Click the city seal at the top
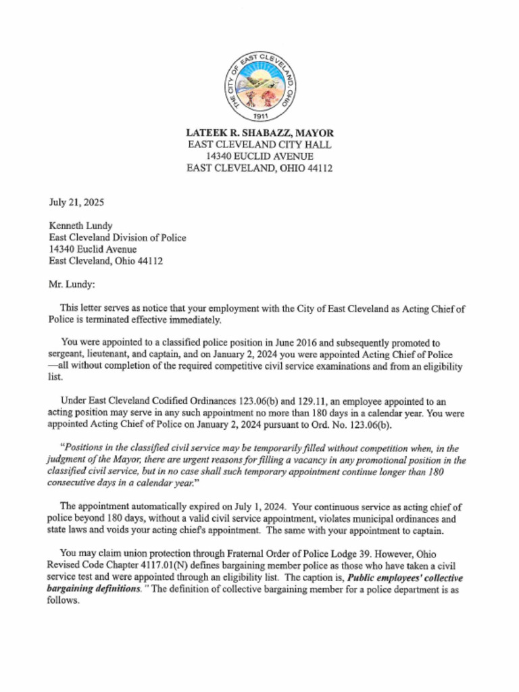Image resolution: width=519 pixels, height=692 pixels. pos(259,86)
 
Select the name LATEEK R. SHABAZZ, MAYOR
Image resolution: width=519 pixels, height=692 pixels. pos(259,133)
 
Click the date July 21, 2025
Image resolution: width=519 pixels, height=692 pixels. pos(76,202)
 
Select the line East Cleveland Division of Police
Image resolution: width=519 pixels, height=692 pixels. pos(117,238)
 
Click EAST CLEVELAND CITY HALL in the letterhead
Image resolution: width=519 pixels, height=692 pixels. pos(259,145)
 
